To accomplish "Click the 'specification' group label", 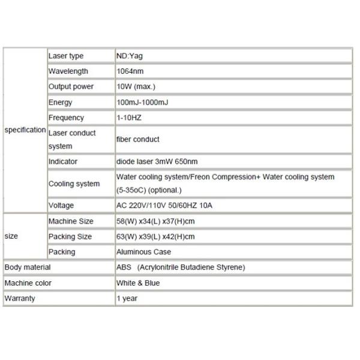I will coord(25,130).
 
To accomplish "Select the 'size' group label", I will coord(11,236).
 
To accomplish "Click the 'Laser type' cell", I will coord(66,56).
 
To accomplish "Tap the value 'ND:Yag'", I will coord(130,56).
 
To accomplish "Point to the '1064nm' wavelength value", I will coord(130,71).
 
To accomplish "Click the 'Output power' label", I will coord(71,87).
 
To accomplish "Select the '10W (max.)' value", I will coord(137,87).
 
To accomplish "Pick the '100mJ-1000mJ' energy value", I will coord(143,103).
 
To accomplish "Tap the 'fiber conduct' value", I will coord(138,139).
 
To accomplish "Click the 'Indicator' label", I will coord(63,161).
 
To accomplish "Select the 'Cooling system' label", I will coord(74,184).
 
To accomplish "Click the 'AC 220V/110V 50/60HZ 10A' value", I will coord(164,206).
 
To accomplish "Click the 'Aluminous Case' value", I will coord(144,253).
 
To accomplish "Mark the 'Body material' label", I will coord(28,268).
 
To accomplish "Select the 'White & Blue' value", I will coord(139,283).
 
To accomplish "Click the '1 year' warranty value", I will coord(127,299).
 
